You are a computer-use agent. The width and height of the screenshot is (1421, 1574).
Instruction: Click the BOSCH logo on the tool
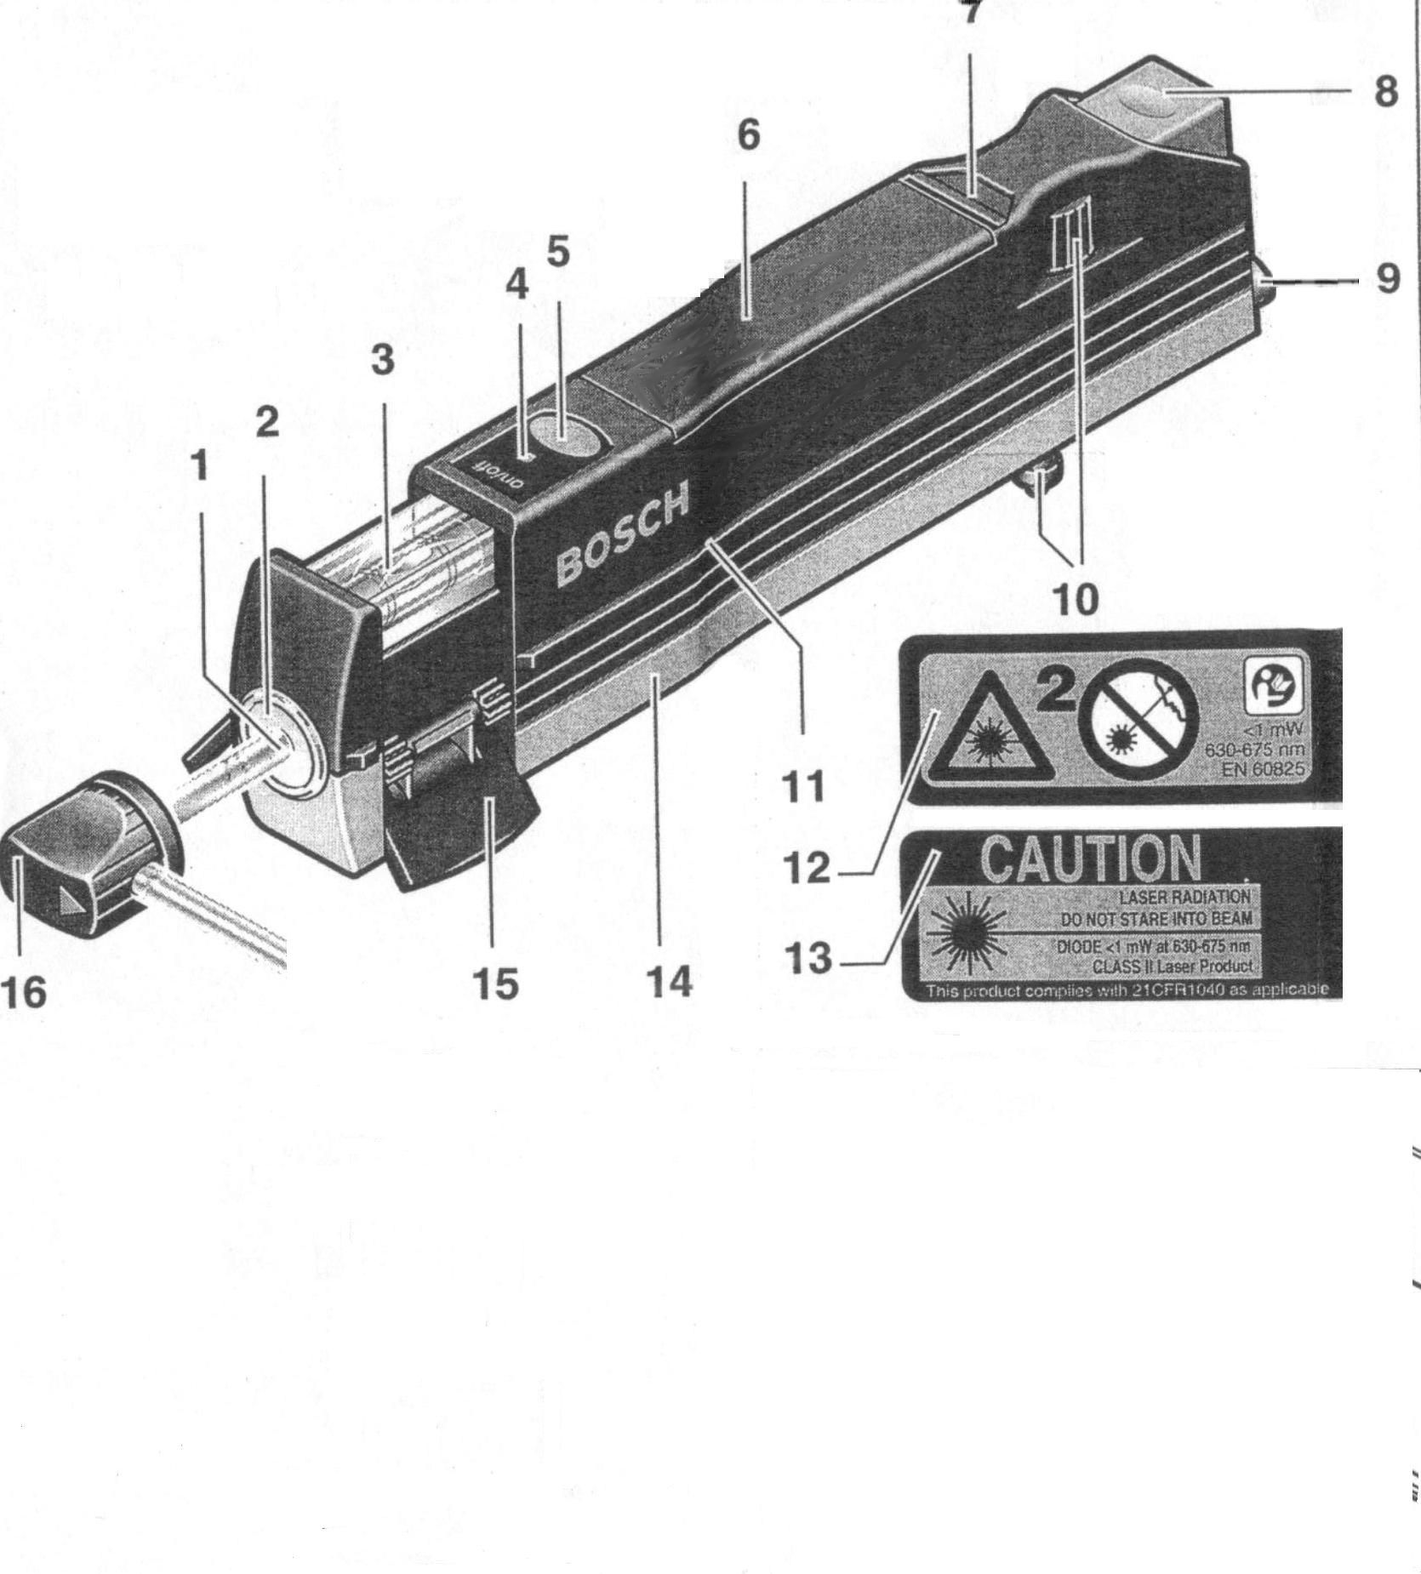point(622,535)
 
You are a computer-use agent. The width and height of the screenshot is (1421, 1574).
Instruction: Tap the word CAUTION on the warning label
point(1092,858)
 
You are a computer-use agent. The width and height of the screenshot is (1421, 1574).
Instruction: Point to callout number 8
point(1386,91)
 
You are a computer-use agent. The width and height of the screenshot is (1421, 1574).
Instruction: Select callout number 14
point(670,982)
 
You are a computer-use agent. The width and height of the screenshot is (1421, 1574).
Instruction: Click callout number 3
point(383,361)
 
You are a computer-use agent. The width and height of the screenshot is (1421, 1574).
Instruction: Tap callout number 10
point(1076,599)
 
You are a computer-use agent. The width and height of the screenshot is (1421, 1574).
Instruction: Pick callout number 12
point(808,869)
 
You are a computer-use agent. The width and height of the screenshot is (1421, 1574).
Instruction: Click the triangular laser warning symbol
point(990,732)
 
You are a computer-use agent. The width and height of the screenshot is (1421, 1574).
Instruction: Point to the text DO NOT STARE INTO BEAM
point(1156,919)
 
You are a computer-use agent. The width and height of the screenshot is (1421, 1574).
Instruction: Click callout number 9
point(1387,278)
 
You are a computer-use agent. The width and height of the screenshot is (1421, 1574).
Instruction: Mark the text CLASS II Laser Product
point(1172,967)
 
